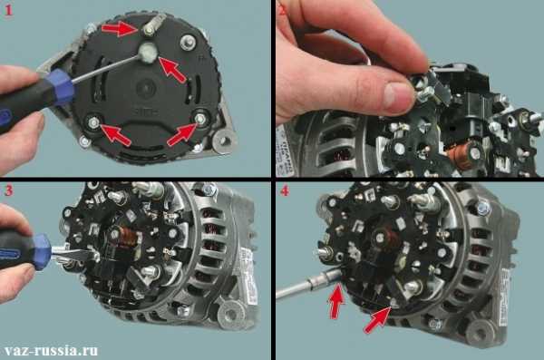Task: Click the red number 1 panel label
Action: click(8, 10)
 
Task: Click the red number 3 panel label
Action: click(8, 190)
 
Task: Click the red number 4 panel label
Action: click(285, 190)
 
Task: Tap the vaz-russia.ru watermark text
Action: click(51, 350)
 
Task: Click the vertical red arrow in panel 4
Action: click(336, 301)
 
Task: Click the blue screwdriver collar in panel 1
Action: click(61, 87)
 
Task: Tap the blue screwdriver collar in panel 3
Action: click(42, 251)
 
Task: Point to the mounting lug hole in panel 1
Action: click(225, 141)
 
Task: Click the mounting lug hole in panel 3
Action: click(230, 314)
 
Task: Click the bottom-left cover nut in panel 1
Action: click(92, 122)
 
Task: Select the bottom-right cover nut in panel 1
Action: click(199, 117)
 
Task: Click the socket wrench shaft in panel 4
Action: click(309, 285)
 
